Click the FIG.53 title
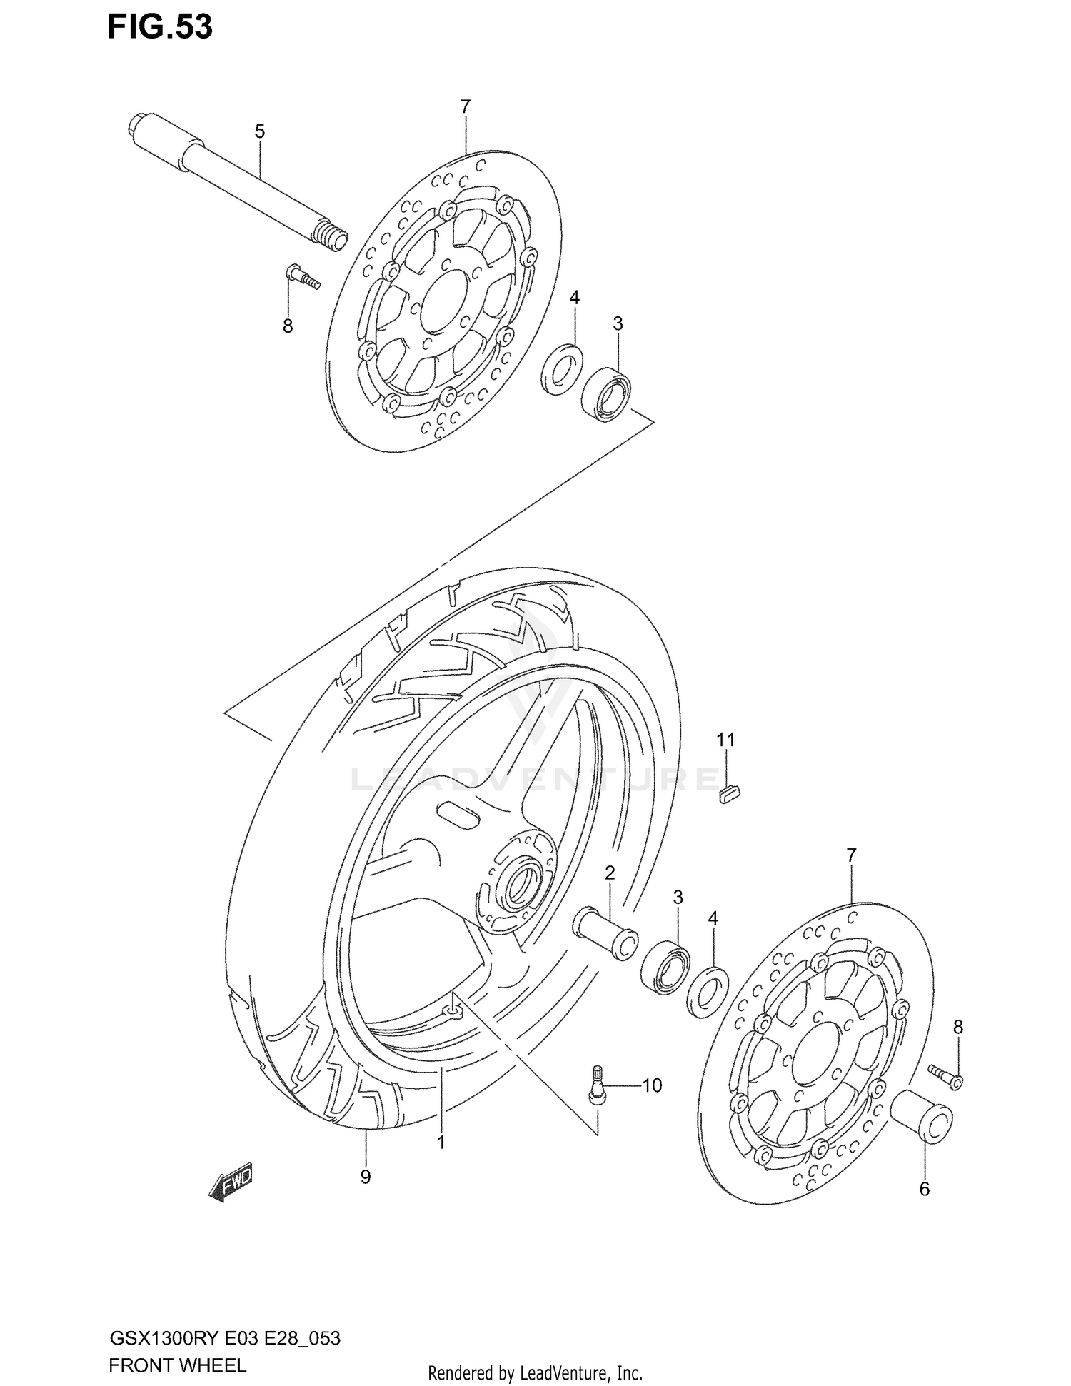coord(160,27)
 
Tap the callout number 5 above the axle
coord(260,131)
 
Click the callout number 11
coord(725,740)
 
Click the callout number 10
coord(652,1085)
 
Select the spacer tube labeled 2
coord(605,932)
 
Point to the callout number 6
coord(924,1189)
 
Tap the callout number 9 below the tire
coord(365,1177)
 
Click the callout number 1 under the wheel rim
coord(441,1142)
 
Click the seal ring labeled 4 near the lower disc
coord(707,990)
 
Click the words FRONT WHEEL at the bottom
coord(177,1365)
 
